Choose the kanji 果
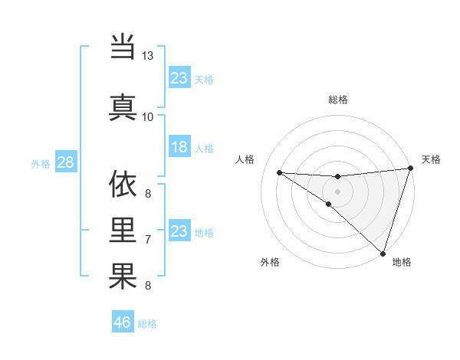123,277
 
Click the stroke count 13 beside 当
148,57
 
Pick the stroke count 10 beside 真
148,116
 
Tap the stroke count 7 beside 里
148,240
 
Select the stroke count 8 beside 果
148,286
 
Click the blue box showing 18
179,147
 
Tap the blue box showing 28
65,162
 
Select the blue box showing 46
123,322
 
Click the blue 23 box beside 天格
179,78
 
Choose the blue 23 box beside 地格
179,231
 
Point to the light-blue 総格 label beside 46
147,324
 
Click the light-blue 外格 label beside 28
41,164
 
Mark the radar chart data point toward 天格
411,169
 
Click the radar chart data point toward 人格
279,172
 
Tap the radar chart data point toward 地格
383,254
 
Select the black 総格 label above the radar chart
338,100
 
